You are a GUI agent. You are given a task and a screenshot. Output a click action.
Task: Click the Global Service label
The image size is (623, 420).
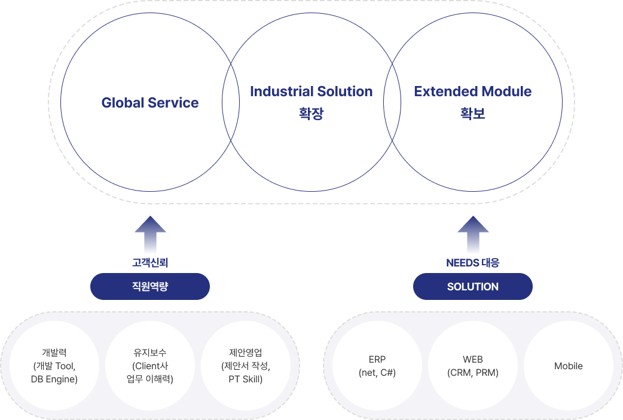coord(150,103)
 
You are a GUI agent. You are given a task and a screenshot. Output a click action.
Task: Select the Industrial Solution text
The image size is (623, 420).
coord(311,91)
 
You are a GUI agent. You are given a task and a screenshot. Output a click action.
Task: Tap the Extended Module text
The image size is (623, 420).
coord(472,91)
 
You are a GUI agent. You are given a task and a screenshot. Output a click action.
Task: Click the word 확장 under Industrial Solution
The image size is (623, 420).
coord(311,114)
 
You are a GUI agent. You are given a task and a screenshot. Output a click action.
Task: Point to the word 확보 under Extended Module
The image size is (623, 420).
coord(472,114)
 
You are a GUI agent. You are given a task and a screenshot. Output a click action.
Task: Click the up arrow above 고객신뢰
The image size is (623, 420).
coord(150,234)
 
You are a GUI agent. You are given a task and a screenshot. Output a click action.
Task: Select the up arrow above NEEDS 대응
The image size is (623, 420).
coord(472,234)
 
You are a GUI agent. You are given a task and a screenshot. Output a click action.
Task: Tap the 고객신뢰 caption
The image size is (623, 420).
coord(150,262)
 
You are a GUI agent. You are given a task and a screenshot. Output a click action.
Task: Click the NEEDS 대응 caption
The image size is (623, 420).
coord(472,262)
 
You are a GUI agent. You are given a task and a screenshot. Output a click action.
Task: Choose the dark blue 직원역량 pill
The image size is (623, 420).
coord(150,287)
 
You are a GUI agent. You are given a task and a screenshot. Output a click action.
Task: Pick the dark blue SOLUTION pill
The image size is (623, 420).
coord(472,287)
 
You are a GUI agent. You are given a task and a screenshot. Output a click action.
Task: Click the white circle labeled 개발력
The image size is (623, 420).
coord(54,366)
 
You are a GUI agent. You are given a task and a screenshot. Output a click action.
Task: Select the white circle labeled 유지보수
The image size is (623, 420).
coord(150,366)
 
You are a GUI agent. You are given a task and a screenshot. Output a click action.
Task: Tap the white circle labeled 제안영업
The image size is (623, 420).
coord(246,366)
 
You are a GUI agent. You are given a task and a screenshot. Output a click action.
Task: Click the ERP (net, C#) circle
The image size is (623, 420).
coord(377,366)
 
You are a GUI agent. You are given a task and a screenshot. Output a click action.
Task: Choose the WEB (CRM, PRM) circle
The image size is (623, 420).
coord(473,366)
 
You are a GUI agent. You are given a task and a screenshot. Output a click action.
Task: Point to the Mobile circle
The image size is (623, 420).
coord(569,366)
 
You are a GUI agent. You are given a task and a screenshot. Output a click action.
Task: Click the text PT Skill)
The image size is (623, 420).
coord(246,379)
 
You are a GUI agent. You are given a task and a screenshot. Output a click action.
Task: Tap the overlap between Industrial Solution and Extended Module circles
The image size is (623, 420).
coord(392,103)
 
